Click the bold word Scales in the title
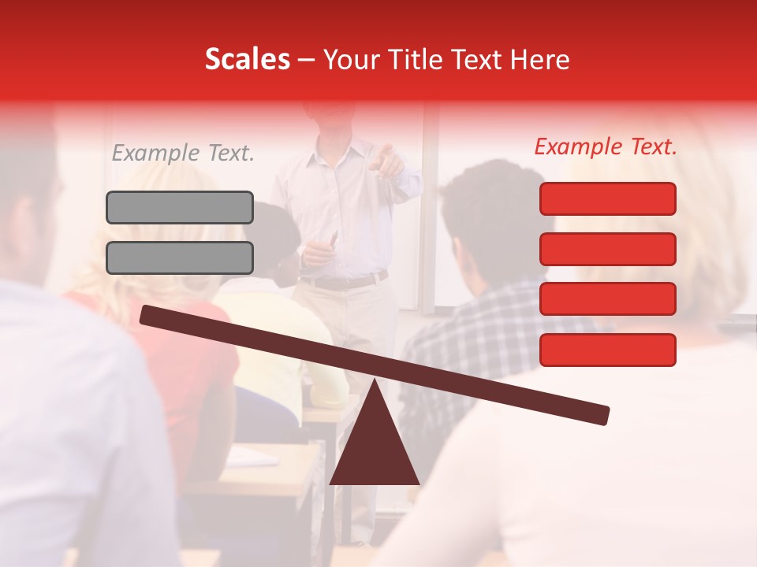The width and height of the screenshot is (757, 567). (247, 59)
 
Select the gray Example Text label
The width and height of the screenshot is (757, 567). (183, 154)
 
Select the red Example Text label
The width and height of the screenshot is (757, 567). (606, 146)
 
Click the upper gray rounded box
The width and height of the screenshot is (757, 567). (180, 207)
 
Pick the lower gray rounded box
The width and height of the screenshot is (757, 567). (180, 258)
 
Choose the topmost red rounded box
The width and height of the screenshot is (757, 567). (607, 198)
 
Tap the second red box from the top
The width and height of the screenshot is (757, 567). (607, 249)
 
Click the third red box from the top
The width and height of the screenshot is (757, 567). (607, 298)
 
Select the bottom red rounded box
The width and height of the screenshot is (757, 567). (607, 350)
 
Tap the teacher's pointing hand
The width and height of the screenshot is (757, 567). (387, 157)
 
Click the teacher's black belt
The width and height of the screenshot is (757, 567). (347, 281)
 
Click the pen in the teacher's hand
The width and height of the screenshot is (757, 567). (333, 238)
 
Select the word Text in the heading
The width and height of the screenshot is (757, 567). (476, 59)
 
